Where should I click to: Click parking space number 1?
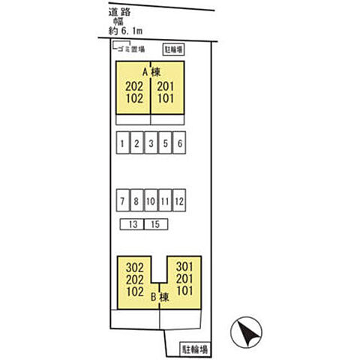[x=123, y=142]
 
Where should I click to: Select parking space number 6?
[x=179, y=142]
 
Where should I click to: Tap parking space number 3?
[x=151, y=142]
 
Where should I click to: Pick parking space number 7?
[x=123, y=200]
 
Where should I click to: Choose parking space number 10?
[x=151, y=200]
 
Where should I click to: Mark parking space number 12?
[x=179, y=200]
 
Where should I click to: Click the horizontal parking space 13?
[x=132, y=224]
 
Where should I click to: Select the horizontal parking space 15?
[x=156, y=224]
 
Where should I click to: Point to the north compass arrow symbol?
[x=246, y=332]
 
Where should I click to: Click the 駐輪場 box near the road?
[x=173, y=49]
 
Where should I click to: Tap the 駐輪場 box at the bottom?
[x=195, y=349]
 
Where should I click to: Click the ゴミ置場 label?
[x=131, y=49]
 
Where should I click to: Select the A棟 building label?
[x=151, y=73]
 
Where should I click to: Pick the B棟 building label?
[x=160, y=297]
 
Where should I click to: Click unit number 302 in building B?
[x=135, y=268]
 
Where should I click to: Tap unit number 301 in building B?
[x=184, y=267]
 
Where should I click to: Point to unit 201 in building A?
[x=166, y=86]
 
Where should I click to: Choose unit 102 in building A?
[x=134, y=98]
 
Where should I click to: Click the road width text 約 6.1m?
[x=125, y=31]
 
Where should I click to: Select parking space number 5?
[x=165, y=142]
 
